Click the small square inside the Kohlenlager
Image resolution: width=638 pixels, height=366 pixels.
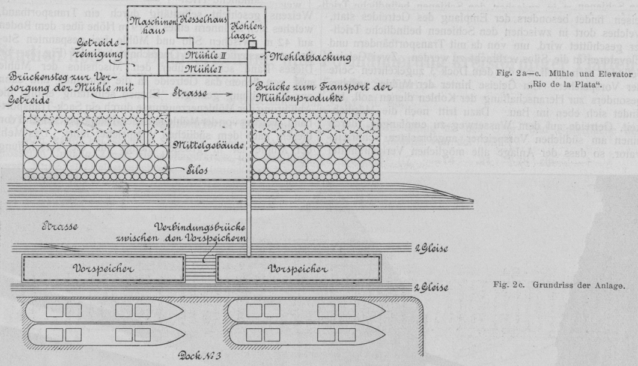click(253, 44)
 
